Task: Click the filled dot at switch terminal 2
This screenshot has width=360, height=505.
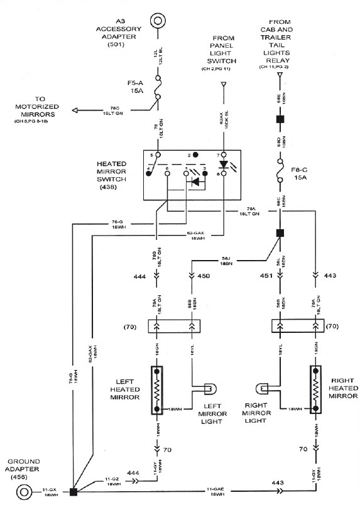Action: tap(196, 155)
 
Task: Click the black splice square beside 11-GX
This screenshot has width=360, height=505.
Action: tap(74, 490)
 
